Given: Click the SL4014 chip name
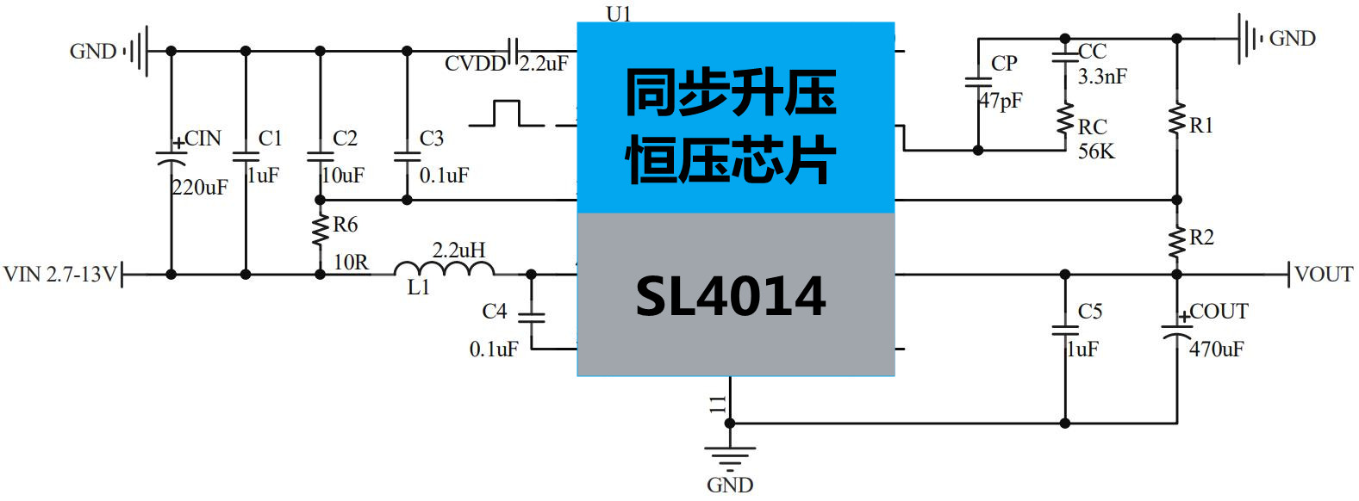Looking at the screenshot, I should (x=731, y=295).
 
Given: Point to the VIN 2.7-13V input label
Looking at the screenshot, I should (x=59, y=275).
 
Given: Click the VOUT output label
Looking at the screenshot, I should (x=1324, y=275).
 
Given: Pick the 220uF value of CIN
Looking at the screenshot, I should (x=200, y=187).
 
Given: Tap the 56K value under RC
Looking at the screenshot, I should (x=1096, y=152).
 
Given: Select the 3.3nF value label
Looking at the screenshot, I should (x=1102, y=77).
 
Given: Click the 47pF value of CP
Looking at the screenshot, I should (x=1001, y=101).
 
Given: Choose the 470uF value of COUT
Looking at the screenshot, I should (x=1217, y=349).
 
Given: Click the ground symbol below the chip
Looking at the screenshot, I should (x=730, y=456).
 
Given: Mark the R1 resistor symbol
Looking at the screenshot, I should (x=1177, y=119).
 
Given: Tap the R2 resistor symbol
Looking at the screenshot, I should (x=1177, y=241).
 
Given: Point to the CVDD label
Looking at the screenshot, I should (x=475, y=64).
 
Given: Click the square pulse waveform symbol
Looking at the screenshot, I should (x=508, y=114).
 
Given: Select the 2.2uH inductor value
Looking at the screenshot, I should (x=458, y=250).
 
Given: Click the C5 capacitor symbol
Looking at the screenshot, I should (x=1065, y=330).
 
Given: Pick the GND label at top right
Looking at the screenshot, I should (x=1292, y=38).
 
